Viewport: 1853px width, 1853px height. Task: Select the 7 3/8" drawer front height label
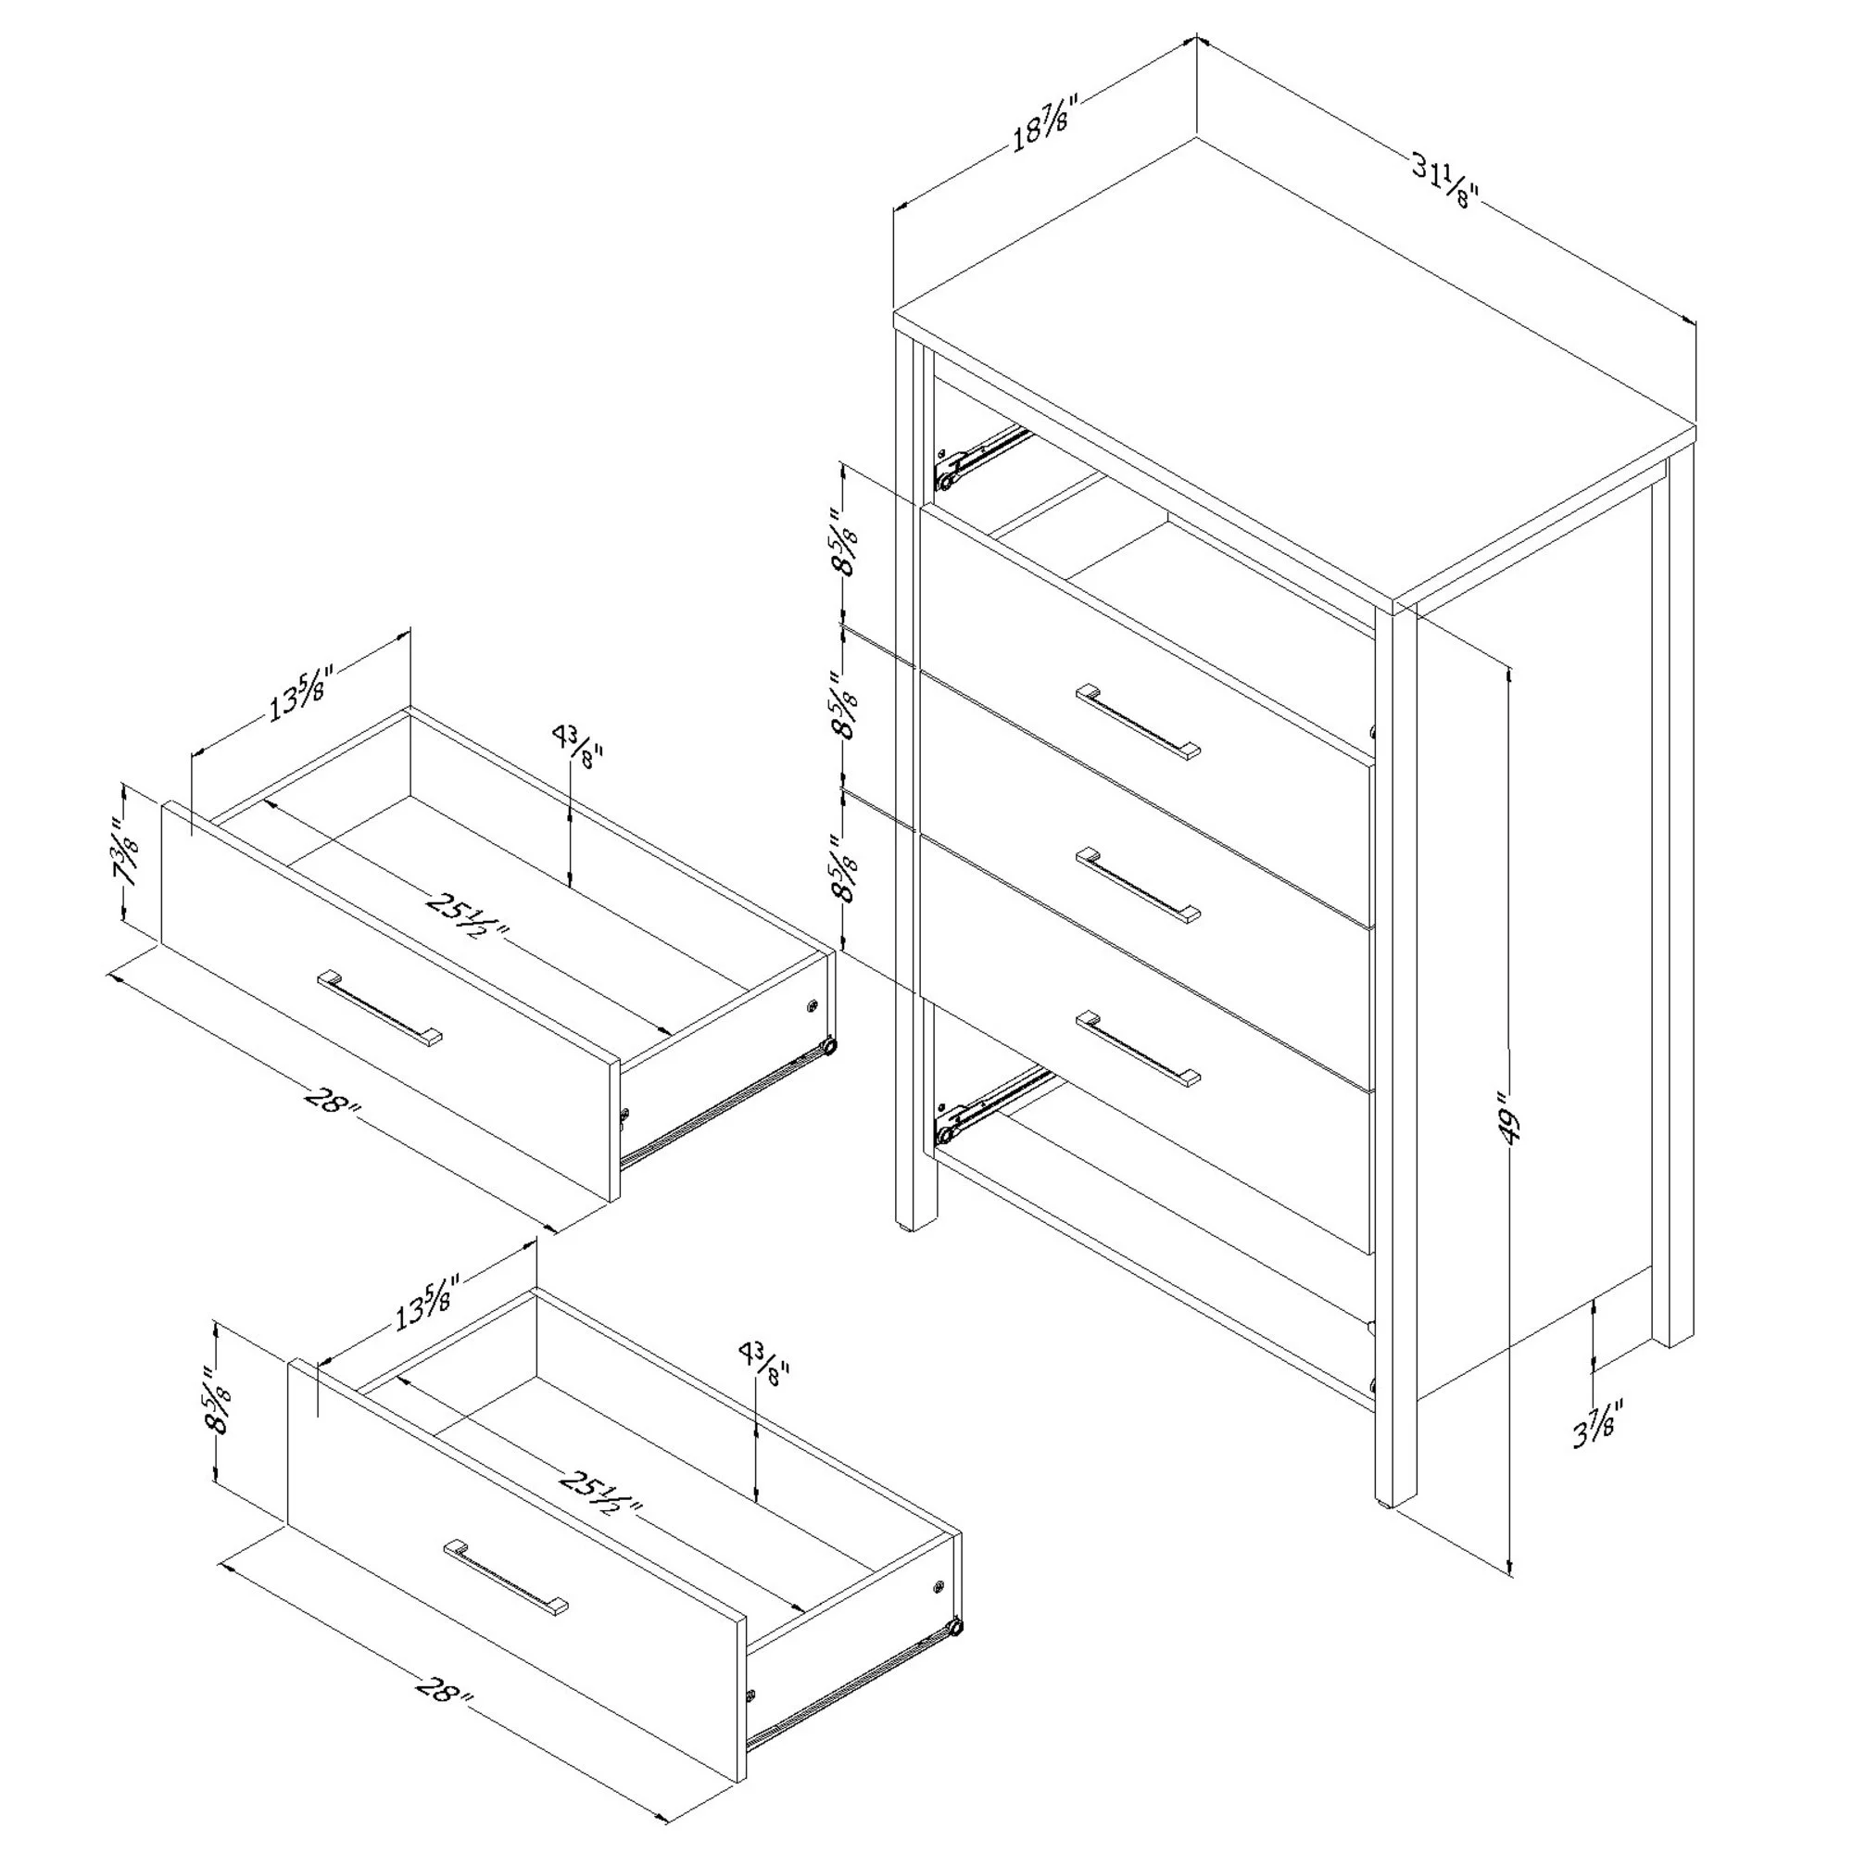click(127, 853)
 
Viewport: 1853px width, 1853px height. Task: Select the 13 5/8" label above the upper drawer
click(300, 692)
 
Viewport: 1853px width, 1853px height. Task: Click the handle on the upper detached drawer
click(380, 1009)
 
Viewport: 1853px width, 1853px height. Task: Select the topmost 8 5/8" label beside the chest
click(844, 542)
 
